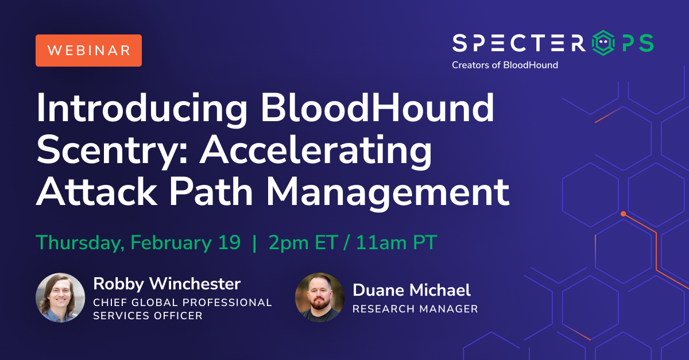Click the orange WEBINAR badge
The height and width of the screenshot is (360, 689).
pyautogui.click(x=88, y=51)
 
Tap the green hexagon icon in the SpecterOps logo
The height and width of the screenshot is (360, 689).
pyautogui.click(x=603, y=42)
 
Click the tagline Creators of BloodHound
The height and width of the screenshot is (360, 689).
pyautogui.click(x=505, y=65)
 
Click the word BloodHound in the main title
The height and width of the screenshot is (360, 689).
pyautogui.click(x=378, y=108)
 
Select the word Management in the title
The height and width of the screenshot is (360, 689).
pyautogui.click(x=388, y=194)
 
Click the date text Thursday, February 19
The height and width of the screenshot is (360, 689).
pyautogui.click(x=138, y=243)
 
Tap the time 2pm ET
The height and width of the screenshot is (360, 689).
pyautogui.click(x=303, y=243)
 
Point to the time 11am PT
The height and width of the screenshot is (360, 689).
pyautogui.click(x=397, y=242)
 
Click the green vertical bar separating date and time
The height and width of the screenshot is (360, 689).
pyautogui.click(x=254, y=243)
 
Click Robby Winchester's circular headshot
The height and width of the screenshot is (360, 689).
pyautogui.click(x=60, y=297)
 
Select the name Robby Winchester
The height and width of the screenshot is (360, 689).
pyautogui.click(x=167, y=284)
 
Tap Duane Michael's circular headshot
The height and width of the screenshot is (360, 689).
pyautogui.click(x=320, y=297)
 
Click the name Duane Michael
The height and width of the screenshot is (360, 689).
pyautogui.click(x=412, y=290)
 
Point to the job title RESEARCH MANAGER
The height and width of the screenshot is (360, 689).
pyautogui.click(x=415, y=309)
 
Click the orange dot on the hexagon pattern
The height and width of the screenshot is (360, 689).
pyautogui.click(x=623, y=214)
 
